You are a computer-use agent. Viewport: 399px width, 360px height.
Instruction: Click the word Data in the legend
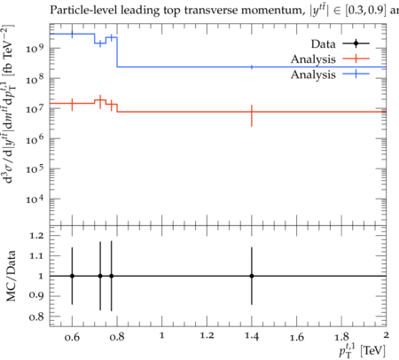[x=323, y=44]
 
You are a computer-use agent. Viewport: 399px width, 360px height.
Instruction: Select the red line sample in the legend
[x=356, y=59]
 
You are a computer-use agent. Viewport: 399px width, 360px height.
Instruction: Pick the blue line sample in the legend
[x=356, y=74]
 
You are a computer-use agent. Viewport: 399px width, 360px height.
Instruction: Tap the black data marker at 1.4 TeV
[x=252, y=276]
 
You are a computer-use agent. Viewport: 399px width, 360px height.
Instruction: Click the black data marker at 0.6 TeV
[x=72, y=276]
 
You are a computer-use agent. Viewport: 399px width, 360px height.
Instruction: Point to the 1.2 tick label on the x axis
[x=207, y=336]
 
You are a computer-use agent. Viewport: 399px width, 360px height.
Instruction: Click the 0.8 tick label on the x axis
[x=117, y=336]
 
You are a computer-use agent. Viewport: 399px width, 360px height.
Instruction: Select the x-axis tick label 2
[x=386, y=335]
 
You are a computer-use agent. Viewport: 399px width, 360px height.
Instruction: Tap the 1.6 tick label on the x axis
[x=296, y=336]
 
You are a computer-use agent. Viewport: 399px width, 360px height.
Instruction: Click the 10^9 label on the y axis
[x=35, y=48]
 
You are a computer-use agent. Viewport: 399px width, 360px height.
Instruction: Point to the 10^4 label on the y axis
[x=35, y=199]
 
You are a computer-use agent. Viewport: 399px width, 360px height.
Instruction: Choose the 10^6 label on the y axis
[x=35, y=138]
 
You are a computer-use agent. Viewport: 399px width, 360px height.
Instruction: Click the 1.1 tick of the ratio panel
[x=36, y=255]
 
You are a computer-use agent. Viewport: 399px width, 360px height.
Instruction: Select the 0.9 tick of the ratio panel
[x=36, y=296]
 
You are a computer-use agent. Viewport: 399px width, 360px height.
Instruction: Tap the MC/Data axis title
[x=11, y=276]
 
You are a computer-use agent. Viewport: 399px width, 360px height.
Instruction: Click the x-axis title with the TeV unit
[x=363, y=349]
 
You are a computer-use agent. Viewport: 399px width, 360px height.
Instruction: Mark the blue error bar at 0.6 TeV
[x=72, y=35]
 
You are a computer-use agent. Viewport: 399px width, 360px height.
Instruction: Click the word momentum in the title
[x=272, y=11]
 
